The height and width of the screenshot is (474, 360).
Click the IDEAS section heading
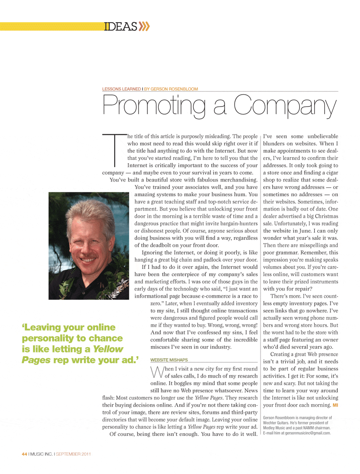tap(121, 27)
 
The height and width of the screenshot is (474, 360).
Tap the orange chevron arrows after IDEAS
tap(144, 27)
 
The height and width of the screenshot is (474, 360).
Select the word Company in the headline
tap(285, 106)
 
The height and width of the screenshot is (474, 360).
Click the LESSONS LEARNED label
tap(121, 89)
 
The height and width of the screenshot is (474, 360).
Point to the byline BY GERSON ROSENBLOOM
tap(171, 89)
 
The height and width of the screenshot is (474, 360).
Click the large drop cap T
tap(114, 150)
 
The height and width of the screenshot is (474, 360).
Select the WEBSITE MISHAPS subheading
tap(169, 360)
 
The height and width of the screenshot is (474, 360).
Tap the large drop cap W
tap(157, 372)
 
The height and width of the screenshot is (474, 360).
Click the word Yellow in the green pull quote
tap(108, 349)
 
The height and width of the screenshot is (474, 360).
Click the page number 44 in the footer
tap(24, 454)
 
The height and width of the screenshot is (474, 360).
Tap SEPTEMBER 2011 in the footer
tap(73, 454)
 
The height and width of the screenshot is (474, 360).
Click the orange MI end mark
tap(335, 405)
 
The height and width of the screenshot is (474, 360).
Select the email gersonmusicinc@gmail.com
tap(307, 433)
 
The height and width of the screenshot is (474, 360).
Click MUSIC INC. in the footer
tap(41, 454)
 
